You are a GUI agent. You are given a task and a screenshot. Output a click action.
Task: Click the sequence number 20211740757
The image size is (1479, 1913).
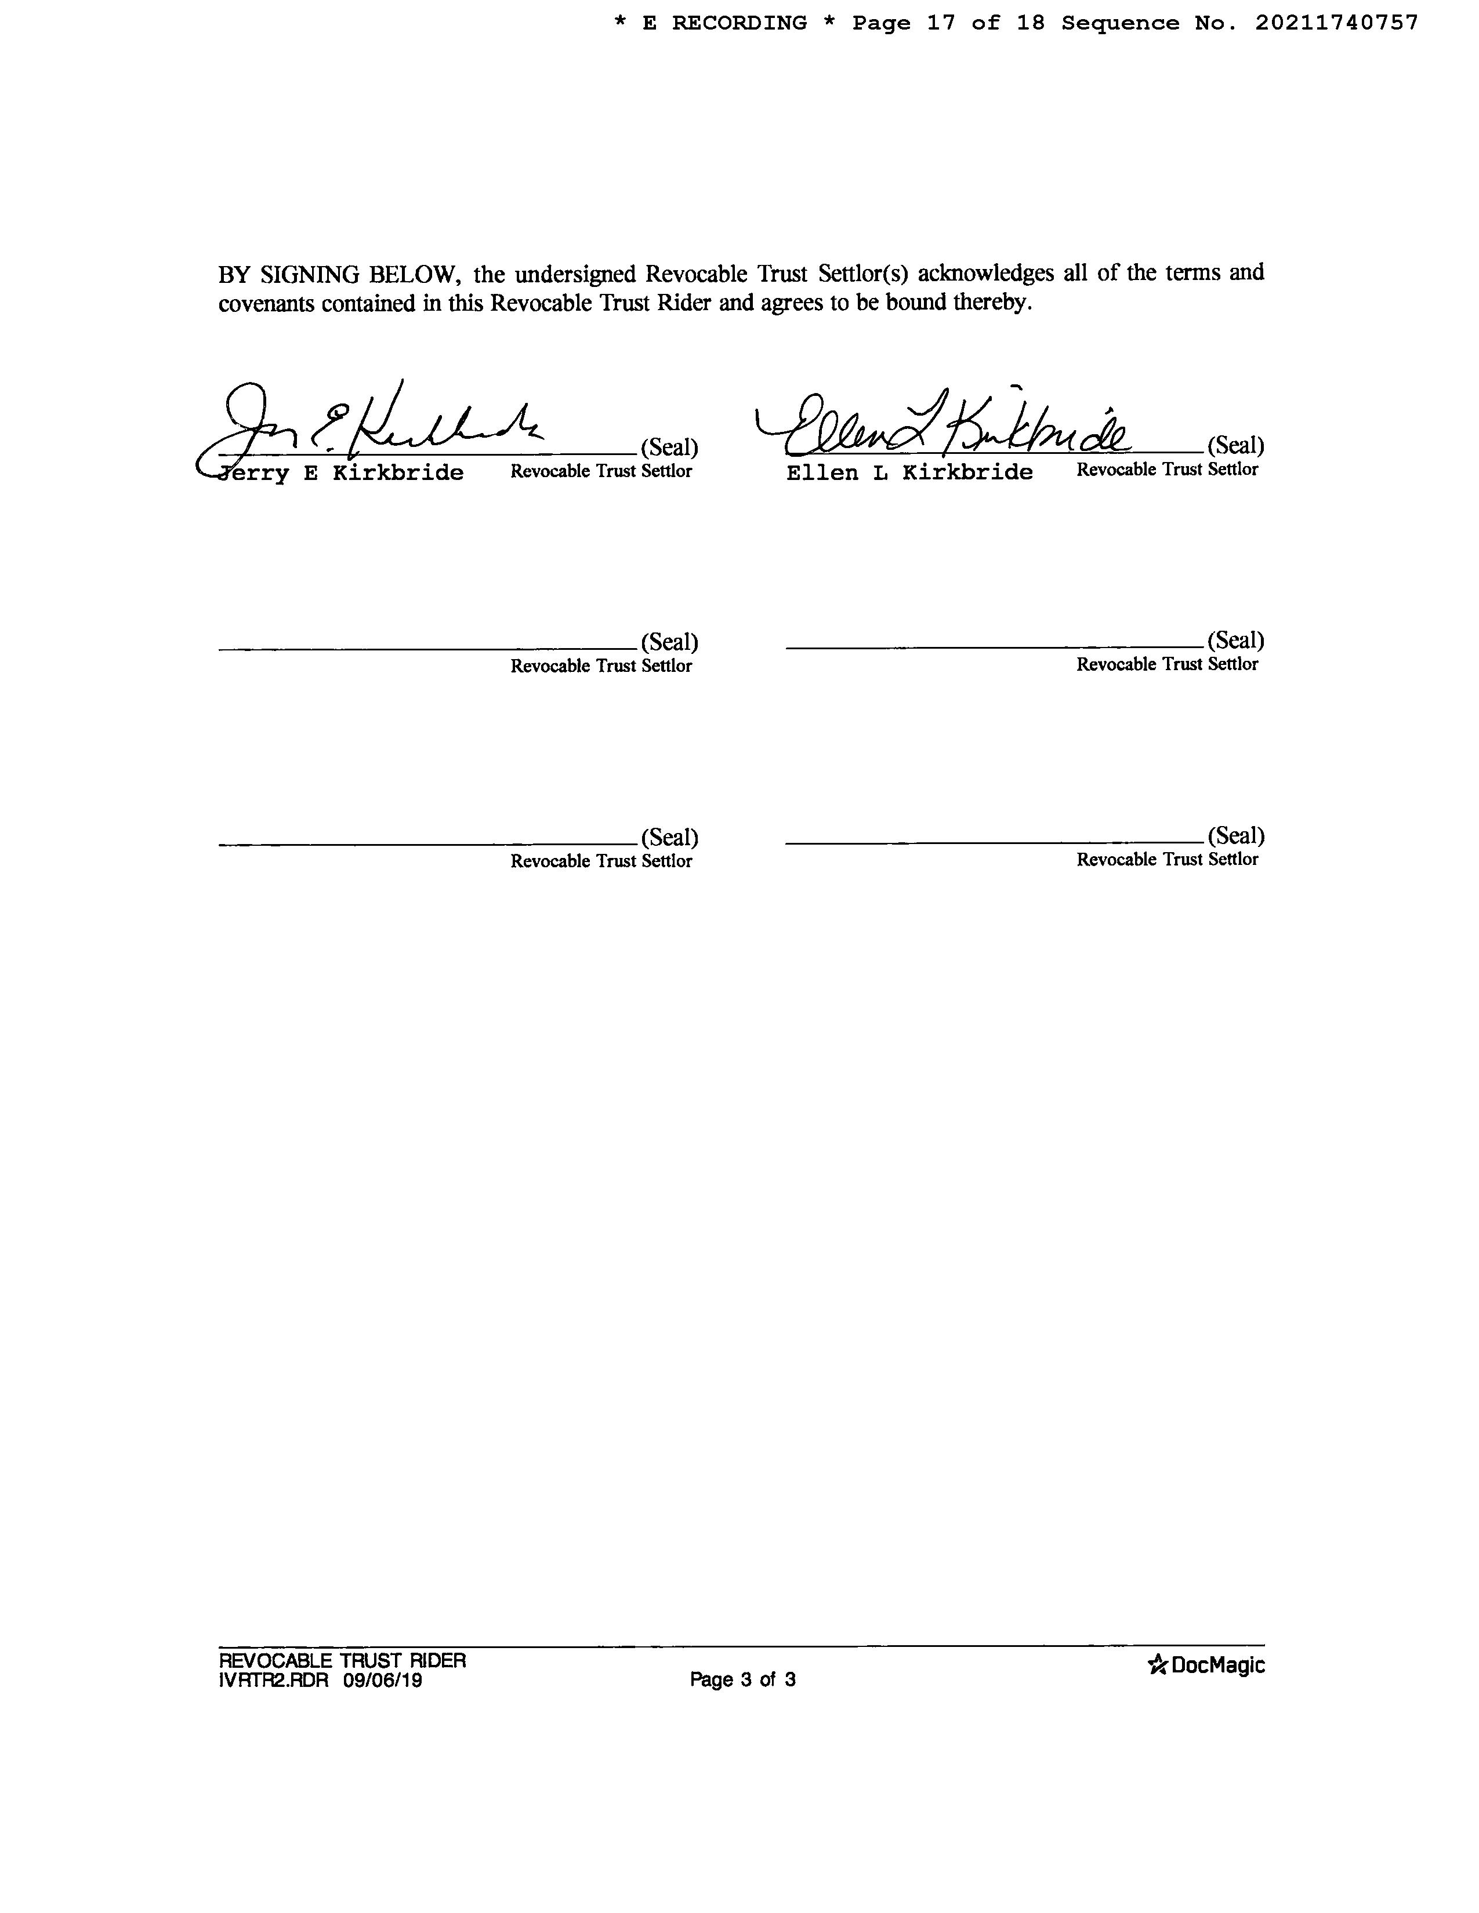pyautogui.click(x=1336, y=24)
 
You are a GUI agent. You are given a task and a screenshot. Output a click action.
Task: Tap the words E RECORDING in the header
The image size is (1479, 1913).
pyautogui.click(x=724, y=24)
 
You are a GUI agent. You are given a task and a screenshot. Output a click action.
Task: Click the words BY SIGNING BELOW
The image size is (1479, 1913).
pyautogui.click(x=339, y=275)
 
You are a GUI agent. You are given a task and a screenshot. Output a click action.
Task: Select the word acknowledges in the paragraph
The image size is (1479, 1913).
pyautogui.click(x=985, y=273)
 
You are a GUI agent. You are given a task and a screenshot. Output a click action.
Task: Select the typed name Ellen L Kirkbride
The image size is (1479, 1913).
pyautogui.click(x=909, y=473)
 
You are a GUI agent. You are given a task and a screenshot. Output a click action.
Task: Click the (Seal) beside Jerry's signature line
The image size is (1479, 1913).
pyautogui.click(x=669, y=448)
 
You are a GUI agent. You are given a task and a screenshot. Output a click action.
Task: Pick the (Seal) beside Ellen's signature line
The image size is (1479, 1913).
pyautogui.click(x=1235, y=446)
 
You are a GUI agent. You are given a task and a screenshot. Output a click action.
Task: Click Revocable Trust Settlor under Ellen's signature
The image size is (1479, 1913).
pyautogui.click(x=1167, y=470)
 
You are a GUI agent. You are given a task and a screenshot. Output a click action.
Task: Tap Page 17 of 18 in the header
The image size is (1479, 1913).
pyautogui.click(x=949, y=24)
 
